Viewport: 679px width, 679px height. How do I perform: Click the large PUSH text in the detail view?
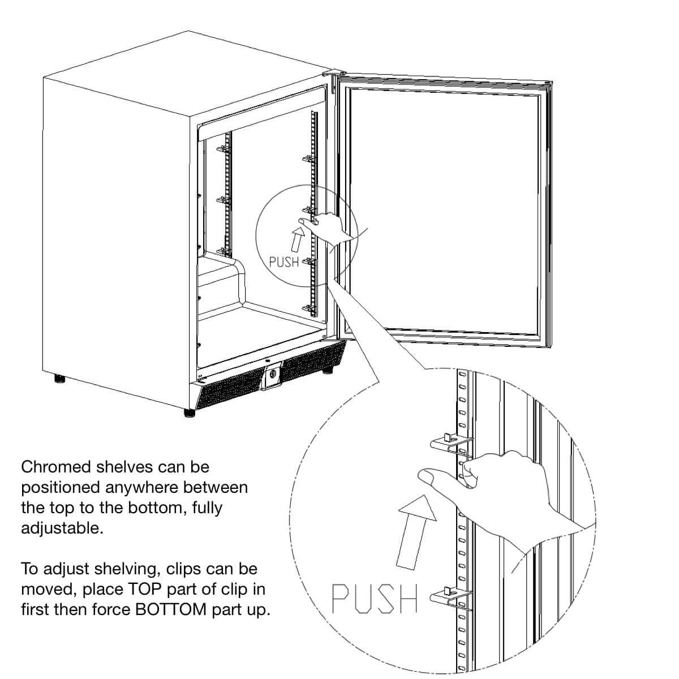[374, 600]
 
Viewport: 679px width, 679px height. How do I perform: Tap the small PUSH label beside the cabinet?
[284, 263]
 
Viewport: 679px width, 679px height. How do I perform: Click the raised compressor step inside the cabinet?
[222, 277]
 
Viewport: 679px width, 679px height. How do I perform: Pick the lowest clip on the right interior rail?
[308, 307]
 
